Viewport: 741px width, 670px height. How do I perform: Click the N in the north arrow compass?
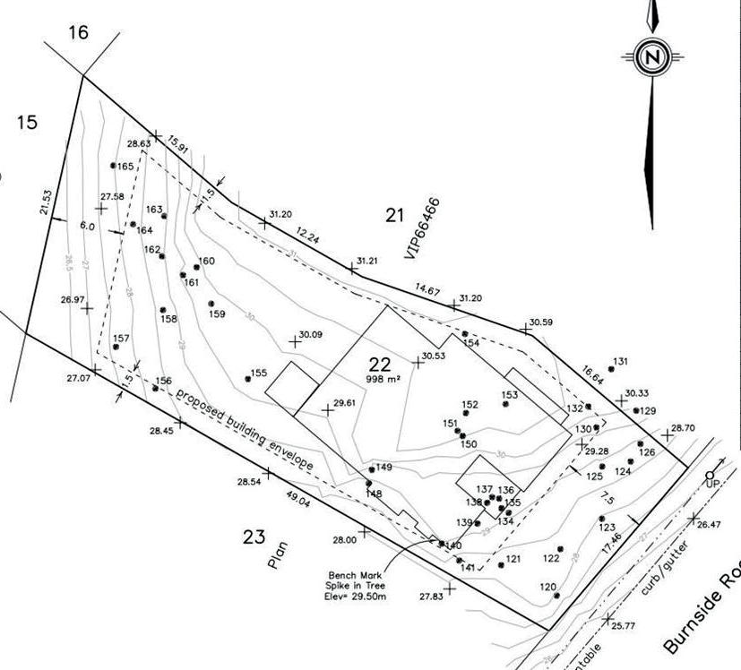coord(653,57)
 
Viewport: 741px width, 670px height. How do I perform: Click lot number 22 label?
coord(380,364)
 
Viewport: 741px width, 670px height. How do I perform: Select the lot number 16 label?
coord(78,33)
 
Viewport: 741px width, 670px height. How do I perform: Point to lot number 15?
coord(27,122)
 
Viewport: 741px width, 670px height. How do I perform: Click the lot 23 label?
coord(254,537)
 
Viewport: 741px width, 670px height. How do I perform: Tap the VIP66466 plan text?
coord(423,229)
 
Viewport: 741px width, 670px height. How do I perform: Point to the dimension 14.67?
coord(427,288)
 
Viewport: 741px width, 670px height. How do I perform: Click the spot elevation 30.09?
coord(310,335)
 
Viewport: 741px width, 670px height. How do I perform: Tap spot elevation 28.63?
coord(138,143)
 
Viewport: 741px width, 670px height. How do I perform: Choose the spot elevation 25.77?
coord(623,626)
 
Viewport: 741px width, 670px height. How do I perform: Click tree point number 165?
coord(125,167)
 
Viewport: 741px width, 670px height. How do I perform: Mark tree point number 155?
coord(258,374)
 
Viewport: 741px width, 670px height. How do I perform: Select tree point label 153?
coord(509,395)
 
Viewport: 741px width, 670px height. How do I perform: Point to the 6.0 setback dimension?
coord(87,227)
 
